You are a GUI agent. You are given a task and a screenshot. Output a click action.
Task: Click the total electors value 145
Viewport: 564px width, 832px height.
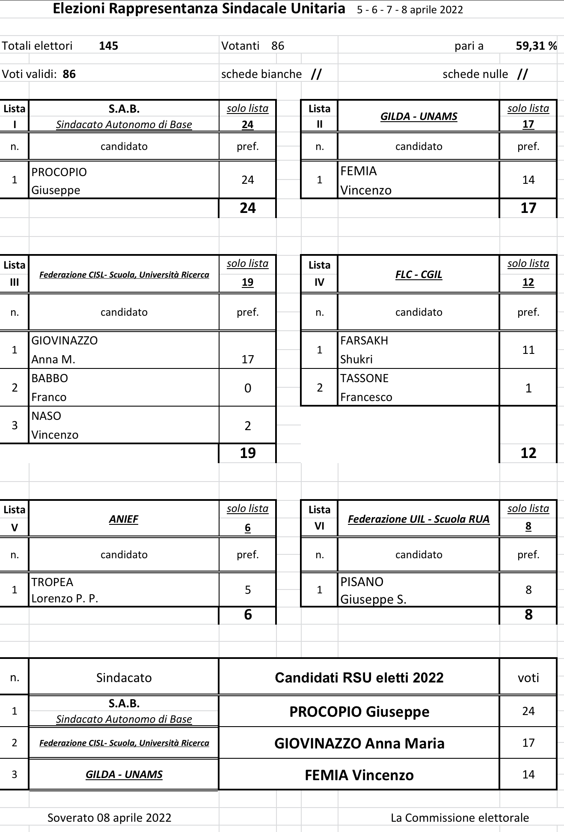108,46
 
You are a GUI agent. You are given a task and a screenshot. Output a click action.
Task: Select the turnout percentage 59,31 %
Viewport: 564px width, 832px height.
536,46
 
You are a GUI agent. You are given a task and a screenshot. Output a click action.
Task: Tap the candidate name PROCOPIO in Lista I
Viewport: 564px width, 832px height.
59,172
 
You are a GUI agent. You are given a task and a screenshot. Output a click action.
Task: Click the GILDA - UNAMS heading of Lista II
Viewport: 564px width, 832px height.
419,116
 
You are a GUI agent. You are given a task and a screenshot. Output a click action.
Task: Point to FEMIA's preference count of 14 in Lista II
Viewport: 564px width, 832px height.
528,180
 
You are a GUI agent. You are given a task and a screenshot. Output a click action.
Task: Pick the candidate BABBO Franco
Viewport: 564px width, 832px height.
49,387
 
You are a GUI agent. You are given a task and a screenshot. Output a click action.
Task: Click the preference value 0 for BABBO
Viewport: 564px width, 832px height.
248,388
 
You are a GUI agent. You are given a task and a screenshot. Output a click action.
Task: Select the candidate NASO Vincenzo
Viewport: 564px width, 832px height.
55,425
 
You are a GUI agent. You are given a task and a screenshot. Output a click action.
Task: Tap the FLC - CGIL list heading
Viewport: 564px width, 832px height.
419,275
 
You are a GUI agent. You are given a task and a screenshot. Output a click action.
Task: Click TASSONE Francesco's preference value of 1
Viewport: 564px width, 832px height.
528,388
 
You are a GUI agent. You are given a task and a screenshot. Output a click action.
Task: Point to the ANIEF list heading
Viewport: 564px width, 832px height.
124,519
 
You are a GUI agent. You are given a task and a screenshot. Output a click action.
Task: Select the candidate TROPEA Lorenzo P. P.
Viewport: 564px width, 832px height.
65,590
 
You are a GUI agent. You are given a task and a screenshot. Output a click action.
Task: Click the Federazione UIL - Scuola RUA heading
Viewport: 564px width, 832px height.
419,519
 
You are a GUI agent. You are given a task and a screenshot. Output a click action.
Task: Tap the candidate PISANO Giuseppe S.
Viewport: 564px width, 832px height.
373,590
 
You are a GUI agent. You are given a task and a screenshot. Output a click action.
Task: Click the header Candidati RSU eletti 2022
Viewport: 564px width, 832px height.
359,678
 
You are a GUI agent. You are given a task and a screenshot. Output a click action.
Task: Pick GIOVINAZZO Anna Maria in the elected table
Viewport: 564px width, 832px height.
359,743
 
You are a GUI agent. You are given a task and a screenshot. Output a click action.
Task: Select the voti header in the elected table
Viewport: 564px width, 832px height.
528,678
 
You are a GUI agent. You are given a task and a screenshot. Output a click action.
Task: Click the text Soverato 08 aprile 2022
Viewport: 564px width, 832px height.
109,817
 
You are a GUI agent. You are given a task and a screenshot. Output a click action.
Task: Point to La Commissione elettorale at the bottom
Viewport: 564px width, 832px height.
460,817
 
